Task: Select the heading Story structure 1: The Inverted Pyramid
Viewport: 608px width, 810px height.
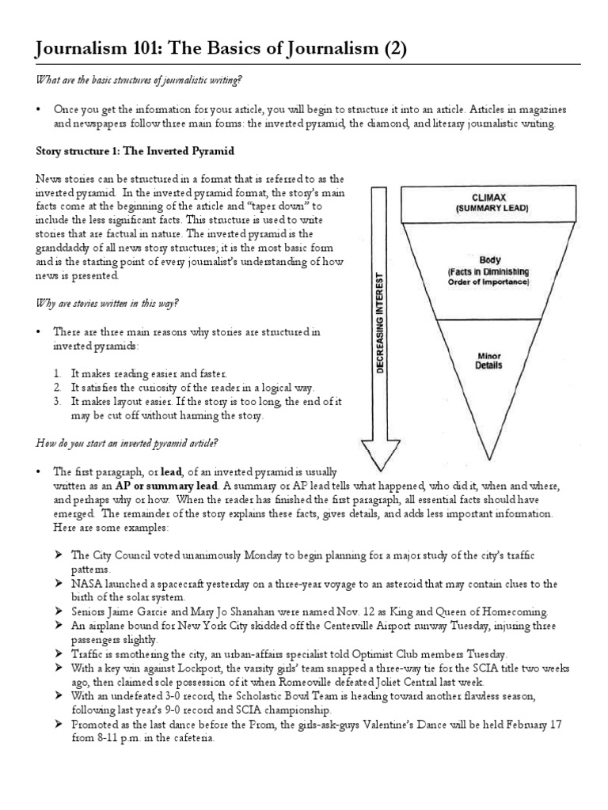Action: click(x=135, y=151)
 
